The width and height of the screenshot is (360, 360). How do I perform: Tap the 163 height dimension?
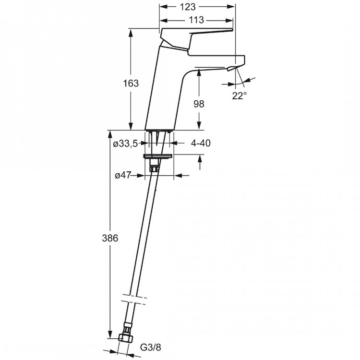point(131,83)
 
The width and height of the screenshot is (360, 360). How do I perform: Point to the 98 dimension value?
point(199,104)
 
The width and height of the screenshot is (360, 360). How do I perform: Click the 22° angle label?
point(240,96)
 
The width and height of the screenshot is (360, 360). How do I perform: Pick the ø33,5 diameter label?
point(126,143)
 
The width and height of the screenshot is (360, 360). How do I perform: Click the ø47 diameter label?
point(123,176)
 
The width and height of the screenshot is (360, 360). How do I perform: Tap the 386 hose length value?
point(110,238)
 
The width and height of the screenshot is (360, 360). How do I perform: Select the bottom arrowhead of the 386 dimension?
point(110,339)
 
